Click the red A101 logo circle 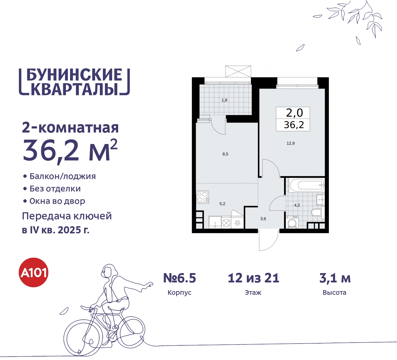(34, 272)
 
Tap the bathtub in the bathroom (307, 186)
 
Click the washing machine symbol (292, 223)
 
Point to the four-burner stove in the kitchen (202, 197)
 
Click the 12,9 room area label (291, 143)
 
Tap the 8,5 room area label (225, 154)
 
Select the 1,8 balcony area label (224, 100)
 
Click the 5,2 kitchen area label (222, 204)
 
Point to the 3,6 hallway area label (263, 219)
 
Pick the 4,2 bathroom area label (297, 205)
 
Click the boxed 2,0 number (294, 113)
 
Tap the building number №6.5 (180, 278)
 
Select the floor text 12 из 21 (253, 278)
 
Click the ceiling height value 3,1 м (335, 278)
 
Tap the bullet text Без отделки (55, 189)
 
